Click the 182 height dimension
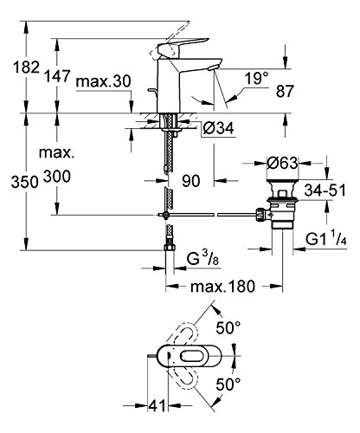[x=26, y=68]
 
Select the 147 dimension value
[x=57, y=76]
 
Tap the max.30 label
[x=103, y=81]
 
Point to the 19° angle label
[x=256, y=78]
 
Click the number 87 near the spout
[x=285, y=91]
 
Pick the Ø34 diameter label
[x=218, y=128]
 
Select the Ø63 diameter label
[x=282, y=163]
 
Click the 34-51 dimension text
[x=325, y=191]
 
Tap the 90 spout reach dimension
[x=191, y=181]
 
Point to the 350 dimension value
[x=24, y=183]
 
